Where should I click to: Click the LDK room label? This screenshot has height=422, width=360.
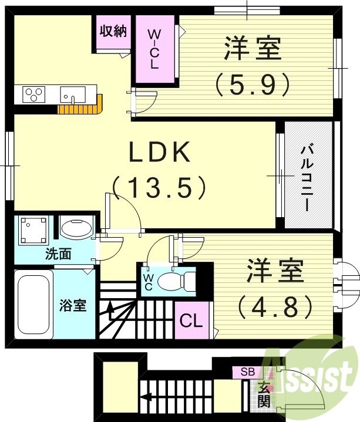pyautogui.click(x=159, y=154)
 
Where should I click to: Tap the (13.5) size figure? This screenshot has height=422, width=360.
pyautogui.click(x=159, y=188)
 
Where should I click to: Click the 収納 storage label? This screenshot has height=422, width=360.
pyautogui.click(x=112, y=32)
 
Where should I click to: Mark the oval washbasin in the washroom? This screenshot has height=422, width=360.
pyautogui.click(x=75, y=229)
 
